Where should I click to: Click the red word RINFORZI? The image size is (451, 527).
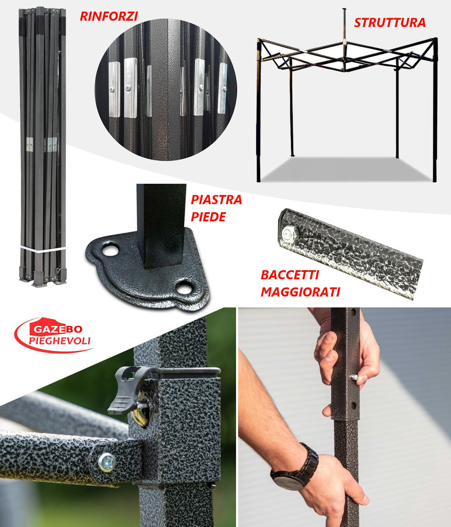coord(109,17)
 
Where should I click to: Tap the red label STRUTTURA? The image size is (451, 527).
coord(390,23)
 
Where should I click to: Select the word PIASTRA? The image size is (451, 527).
coord(216,200)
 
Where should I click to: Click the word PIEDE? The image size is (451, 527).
coord(208,217)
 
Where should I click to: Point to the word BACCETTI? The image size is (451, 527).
coord(289,275)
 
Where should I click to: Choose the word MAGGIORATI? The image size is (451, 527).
coord(300,292)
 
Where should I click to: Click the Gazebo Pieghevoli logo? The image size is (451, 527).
coord(53,335)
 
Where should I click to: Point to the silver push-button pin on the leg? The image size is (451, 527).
coord(355,378)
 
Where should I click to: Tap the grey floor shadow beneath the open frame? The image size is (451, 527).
coord(346,169)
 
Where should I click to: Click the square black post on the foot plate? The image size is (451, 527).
coord(162,225)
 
